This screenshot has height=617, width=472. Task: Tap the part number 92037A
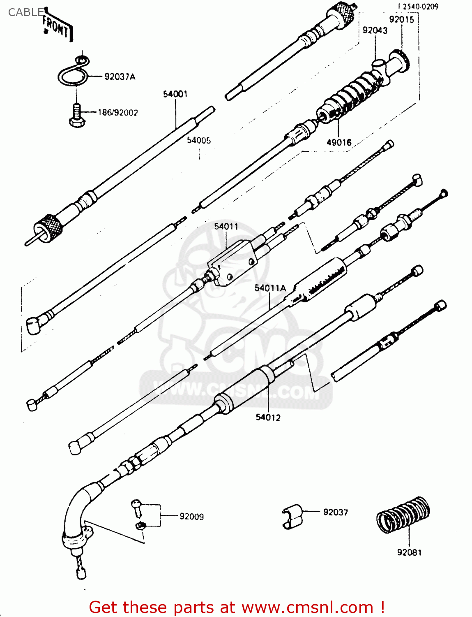120,77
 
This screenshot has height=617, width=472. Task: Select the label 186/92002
117,112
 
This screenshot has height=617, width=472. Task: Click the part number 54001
175,94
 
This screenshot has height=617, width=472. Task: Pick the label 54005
199,140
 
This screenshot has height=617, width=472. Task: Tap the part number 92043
375,30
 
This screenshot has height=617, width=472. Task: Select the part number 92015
401,19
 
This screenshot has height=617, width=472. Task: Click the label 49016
339,142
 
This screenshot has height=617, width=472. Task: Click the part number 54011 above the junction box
226,226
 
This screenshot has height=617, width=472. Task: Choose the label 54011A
270,288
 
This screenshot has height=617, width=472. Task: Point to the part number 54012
268,418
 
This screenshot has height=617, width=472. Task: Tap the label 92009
191,516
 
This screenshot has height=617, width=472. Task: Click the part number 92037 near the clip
335,512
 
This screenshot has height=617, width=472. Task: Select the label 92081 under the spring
409,552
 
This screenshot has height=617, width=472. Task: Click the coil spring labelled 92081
403,514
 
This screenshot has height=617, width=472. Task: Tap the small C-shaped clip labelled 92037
292,516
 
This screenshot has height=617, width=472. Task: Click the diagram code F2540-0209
418,7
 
